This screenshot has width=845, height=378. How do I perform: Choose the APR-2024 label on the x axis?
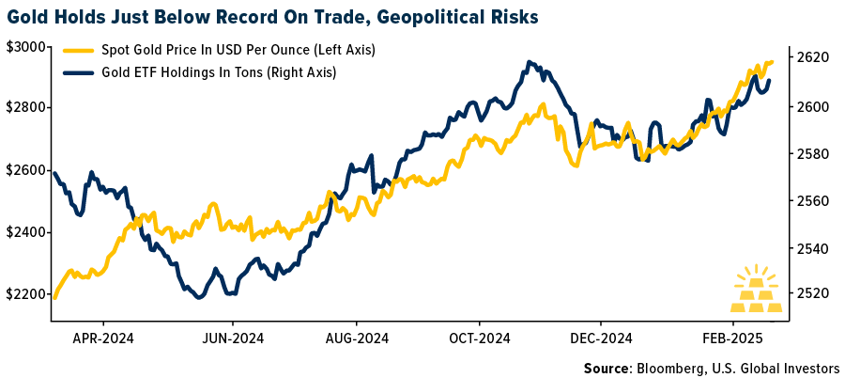click(104, 337)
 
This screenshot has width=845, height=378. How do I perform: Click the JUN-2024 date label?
click(234, 337)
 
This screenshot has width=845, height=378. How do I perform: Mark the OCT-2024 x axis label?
click(479, 337)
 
